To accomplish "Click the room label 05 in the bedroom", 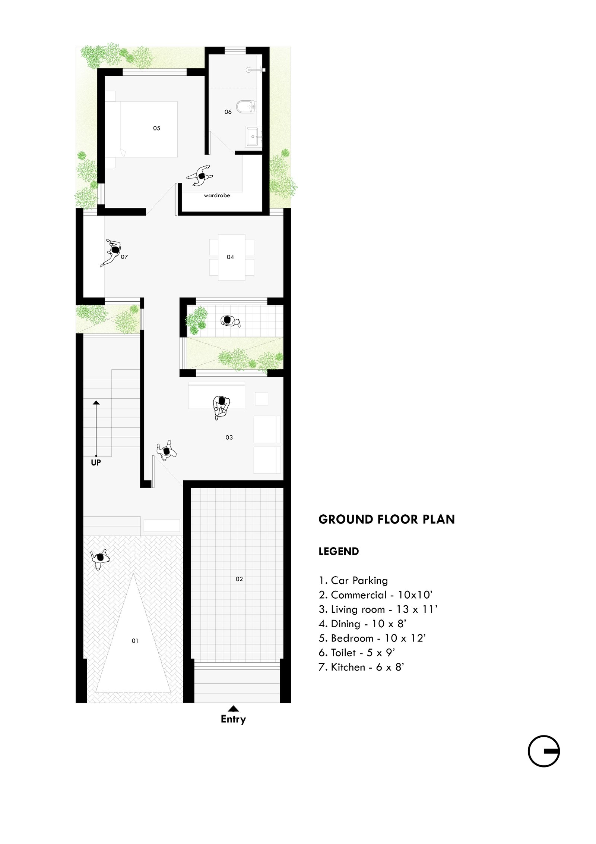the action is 156,128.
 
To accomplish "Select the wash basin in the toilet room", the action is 254,137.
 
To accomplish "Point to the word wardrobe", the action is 217,195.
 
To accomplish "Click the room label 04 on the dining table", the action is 230,257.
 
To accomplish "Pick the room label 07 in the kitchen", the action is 124,257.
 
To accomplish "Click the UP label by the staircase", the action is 96,462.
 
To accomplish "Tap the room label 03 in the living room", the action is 229,437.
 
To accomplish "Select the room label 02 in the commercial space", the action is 239,579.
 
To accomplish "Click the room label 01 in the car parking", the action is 135,641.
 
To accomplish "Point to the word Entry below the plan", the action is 233,719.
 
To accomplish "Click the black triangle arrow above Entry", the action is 233,709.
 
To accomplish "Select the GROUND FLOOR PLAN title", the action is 387,520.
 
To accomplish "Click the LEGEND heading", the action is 339,552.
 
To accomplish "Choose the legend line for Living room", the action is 378,609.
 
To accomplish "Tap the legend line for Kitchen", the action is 361,667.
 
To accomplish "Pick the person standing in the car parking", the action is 100,558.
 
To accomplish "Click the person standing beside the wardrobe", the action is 200,175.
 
